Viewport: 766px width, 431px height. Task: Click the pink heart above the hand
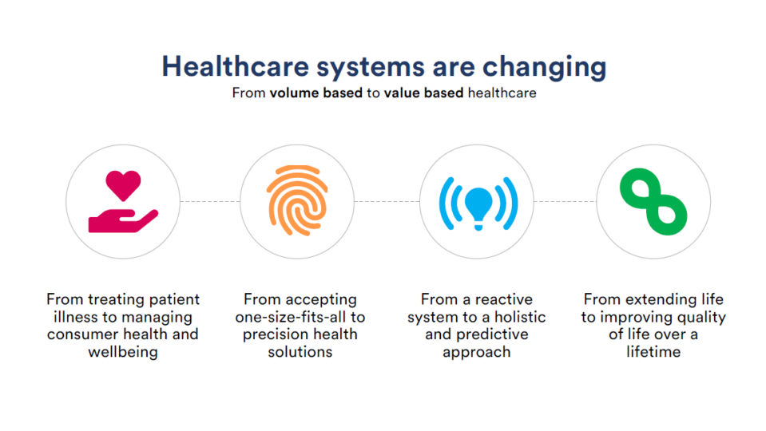click(123, 185)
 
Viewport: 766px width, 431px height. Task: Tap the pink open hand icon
click(123, 221)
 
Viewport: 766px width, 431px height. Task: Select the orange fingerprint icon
click(297, 200)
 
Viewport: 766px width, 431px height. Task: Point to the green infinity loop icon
click(653, 201)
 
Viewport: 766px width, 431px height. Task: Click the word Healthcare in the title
click(236, 66)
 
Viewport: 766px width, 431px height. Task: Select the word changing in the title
click(544, 67)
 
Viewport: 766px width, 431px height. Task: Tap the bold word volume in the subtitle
click(292, 93)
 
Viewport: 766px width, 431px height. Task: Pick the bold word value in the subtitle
click(402, 93)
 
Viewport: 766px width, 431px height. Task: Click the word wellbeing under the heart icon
click(123, 352)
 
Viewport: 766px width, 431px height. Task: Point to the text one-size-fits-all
click(290, 317)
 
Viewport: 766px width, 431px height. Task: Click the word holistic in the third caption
click(520, 317)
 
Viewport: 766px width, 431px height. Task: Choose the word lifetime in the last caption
click(653, 351)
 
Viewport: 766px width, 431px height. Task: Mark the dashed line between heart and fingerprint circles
click(210, 201)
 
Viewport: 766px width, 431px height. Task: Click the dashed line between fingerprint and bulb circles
click(387, 201)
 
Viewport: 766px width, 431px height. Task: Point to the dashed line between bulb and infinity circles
click(565, 201)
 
